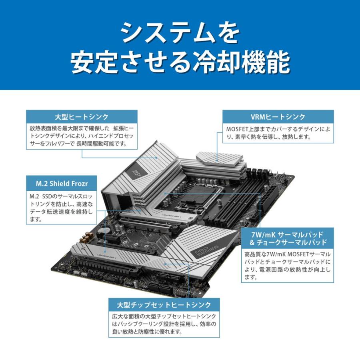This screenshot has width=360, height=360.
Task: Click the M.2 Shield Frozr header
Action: tap(61, 184)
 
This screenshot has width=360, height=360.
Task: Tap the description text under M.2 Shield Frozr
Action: tap(61, 208)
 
